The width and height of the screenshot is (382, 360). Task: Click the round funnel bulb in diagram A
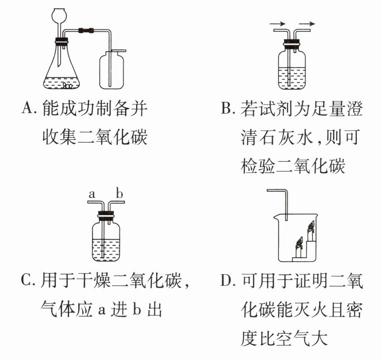pyautogui.click(x=59, y=15)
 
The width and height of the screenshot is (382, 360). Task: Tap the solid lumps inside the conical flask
pyautogui.click(x=67, y=85)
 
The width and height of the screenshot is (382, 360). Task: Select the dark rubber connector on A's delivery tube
pyautogui.click(x=86, y=30)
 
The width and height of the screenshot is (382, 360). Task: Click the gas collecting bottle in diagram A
pyautogui.click(x=111, y=70)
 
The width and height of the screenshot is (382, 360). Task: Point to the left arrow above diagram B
pyautogui.click(x=278, y=24)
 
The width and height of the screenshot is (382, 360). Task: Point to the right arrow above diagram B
pyautogui.click(x=307, y=24)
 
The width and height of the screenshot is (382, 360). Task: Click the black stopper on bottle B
pyautogui.click(x=292, y=44)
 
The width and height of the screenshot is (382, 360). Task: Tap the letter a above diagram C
pyautogui.click(x=91, y=195)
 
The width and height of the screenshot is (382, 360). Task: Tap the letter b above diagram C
pyautogui.click(x=119, y=193)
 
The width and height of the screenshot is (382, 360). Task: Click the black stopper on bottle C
pyautogui.click(x=106, y=215)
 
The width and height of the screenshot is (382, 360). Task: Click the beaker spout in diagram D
pyautogui.click(x=276, y=216)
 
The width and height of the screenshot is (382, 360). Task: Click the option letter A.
pyautogui.click(x=28, y=108)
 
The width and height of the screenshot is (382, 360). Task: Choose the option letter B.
pyautogui.click(x=227, y=108)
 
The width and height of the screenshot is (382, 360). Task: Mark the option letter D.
pyautogui.click(x=227, y=281)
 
